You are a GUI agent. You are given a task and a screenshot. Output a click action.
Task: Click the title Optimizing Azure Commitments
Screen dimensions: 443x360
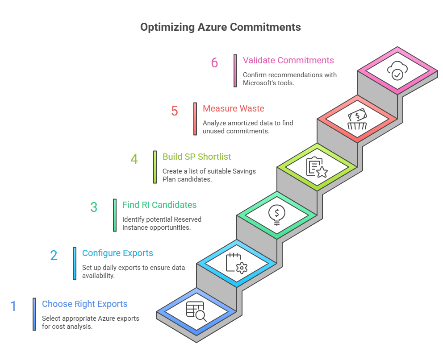coord(220,27)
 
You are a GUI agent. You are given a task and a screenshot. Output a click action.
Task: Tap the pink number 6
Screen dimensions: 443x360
coord(214,62)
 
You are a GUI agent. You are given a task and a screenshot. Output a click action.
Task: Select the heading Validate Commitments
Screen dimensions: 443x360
coord(288,60)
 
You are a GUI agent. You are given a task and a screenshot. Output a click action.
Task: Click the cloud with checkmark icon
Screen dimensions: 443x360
coord(397,70)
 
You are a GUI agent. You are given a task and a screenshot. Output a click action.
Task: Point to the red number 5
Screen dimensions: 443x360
coord(174,111)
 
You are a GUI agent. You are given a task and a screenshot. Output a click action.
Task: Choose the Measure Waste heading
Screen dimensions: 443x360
coord(234,108)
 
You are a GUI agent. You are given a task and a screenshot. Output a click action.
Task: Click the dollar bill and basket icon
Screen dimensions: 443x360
coord(357,119)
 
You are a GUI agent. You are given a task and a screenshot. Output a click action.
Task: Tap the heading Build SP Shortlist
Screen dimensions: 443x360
coord(196,157)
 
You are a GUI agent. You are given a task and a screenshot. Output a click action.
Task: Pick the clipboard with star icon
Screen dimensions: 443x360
coord(317,167)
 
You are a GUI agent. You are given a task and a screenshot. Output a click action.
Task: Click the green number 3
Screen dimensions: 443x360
coord(94,207)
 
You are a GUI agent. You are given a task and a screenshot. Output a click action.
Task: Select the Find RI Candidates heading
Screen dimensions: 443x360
coord(159,205)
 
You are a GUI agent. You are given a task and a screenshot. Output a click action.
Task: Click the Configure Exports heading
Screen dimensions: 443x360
coord(117,253)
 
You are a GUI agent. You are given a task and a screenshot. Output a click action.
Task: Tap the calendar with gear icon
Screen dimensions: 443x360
coord(237,264)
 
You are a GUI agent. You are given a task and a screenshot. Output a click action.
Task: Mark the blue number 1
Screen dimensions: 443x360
coord(13,306)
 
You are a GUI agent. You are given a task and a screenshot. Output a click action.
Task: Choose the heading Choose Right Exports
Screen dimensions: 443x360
coord(85,304)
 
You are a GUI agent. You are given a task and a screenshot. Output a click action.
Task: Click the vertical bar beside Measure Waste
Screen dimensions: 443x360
coord(195,119)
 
